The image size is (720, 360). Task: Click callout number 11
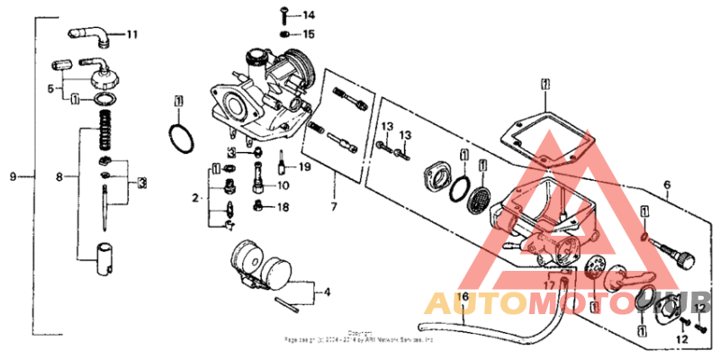pos(132,35)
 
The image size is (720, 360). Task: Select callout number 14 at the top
pos(309,15)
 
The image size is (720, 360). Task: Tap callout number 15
pos(309,34)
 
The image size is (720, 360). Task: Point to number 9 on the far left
pos(13,176)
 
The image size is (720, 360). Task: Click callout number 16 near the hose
pos(464,296)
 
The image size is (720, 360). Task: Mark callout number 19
pos(304,167)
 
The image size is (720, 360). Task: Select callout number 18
pos(283,207)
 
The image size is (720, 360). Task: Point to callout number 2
pos(193,195)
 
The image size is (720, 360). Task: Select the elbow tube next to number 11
pos(90,33)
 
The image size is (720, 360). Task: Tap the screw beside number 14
pos(283,14)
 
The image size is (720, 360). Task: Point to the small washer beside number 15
pos(284,34)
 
